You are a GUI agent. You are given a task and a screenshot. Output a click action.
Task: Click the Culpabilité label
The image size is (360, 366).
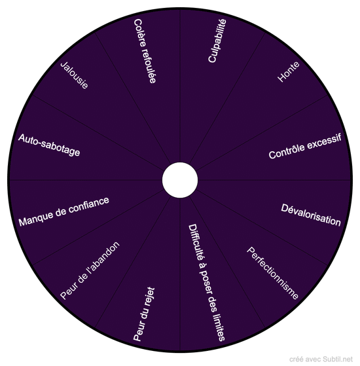click(x=217, y=41)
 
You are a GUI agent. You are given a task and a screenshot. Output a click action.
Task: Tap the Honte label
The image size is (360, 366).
click(x=289, y=71)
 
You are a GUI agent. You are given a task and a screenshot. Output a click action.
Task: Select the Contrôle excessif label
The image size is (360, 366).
click(x=305, y=146)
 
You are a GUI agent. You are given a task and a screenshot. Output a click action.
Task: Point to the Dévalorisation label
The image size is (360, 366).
click(x=311, y=215)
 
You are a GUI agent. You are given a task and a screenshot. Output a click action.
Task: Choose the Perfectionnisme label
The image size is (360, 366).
click(x=272, y=273)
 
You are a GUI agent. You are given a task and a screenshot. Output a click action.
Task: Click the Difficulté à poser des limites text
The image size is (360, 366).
click(x=206, y=282)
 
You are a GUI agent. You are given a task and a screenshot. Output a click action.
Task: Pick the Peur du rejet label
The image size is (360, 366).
click(x=144, y=314)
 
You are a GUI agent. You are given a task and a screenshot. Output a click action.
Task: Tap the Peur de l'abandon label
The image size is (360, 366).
click(x=90, y=270)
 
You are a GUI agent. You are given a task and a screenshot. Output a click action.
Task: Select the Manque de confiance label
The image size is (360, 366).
click(x=64, y=211)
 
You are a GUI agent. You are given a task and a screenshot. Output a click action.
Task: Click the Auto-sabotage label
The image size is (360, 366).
click(x=49, y=145)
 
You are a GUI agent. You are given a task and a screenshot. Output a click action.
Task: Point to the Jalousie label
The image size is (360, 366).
click(x=74, y=75)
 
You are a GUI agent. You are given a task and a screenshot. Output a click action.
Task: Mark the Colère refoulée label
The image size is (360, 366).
click(x=145, y=51)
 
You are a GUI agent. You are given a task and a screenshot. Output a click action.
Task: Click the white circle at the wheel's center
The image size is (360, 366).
click(x=180, y=180)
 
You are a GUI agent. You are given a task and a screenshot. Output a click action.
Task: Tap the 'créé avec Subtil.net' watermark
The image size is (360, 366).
click(x=321, y=359)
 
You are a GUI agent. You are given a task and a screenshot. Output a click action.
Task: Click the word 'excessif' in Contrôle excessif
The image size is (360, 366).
click(x=324, y=141)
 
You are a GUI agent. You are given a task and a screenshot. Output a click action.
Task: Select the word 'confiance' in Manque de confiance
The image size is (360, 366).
click(x=89, y=205)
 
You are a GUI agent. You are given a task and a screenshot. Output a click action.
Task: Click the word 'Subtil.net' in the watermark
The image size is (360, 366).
click(x=338, y=359)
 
